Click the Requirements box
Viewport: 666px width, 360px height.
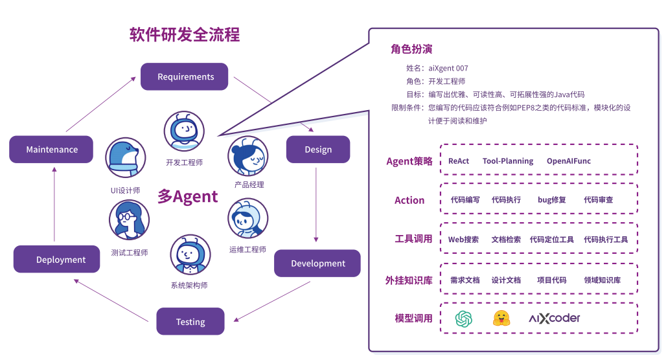click(185, 76)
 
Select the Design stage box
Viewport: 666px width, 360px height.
click(318, 150)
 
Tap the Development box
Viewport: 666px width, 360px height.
click(317, 264)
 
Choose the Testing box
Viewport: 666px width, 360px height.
click(190, 321)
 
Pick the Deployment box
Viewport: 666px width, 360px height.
click(57, 259)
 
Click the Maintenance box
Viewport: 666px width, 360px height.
click(51, 150)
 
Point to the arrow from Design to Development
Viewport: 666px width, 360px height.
click(316, 205)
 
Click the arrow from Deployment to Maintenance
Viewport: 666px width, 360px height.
click(54, 204)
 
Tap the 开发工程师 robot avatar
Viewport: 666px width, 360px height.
click(185, 131)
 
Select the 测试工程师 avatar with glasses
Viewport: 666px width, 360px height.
click(129, 220)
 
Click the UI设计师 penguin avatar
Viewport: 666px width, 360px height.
click(126, 157)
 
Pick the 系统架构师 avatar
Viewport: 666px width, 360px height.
click(190, 254)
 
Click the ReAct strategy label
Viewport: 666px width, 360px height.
click(459, 161)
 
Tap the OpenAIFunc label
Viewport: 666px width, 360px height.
click(569, 161)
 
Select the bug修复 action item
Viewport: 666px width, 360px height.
click(552, 199)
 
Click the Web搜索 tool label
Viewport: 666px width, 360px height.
click(463, 240)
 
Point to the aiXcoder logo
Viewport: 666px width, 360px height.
click(555, 319)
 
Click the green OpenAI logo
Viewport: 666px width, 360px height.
click(463, 319)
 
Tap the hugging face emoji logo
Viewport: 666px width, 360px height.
click(501, 318)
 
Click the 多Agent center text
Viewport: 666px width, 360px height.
click(187, 197)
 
